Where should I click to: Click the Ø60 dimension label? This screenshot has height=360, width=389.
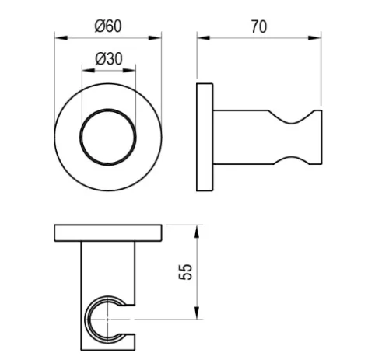tap(108, 26)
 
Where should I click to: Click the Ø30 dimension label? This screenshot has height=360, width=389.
tap(109, 59)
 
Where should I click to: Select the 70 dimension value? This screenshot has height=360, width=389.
tap(259, 26)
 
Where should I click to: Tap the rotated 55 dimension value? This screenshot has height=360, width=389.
tap(186, 272)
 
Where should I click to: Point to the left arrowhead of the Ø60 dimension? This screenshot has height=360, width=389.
tap(61, 38)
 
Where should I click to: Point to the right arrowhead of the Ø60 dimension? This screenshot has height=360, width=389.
tap(155, 38)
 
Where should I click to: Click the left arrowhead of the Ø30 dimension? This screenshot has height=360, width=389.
tap(89, 70)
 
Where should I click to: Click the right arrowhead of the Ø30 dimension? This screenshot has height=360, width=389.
tap(129, 70)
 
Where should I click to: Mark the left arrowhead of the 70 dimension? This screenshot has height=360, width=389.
tap(204, 38)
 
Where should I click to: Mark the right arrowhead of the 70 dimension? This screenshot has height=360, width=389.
tap(314, 38)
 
